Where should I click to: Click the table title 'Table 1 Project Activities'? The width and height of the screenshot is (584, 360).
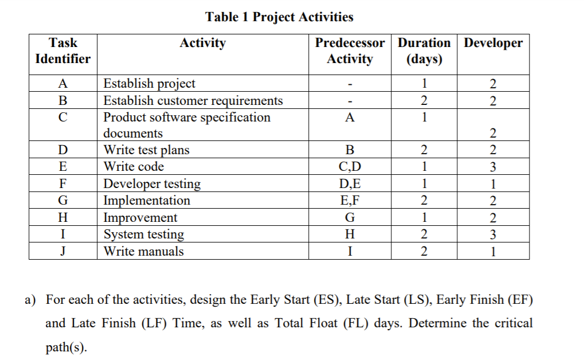pos(279,17)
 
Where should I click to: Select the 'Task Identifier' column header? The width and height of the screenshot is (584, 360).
pos(62,50)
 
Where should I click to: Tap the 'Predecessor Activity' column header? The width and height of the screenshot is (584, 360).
pos(350,50)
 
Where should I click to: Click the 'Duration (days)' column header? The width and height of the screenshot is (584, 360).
pos(424,50)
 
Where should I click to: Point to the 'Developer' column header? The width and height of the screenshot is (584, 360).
pos(493,43)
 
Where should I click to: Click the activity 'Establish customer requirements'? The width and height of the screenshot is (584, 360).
pos(193,100)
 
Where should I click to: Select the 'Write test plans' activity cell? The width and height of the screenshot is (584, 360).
pos(146,150)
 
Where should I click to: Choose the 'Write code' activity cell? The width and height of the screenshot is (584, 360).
pos(134,167)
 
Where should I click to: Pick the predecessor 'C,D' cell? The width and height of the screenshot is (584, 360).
pos(350,167)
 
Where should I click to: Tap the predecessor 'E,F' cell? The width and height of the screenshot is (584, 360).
pos(350,201)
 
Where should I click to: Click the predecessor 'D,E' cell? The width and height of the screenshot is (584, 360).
pos(350,184)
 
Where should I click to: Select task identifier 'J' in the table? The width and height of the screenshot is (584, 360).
pos(62,251)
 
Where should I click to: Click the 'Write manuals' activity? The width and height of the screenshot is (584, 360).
pos(143,251)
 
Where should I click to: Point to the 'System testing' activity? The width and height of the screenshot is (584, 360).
pos(143,234)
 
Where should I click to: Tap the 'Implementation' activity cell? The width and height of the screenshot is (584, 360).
pos(147,201)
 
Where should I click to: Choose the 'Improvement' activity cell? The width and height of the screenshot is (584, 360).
pos(140,218)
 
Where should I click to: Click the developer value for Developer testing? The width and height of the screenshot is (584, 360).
pos(493,184)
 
